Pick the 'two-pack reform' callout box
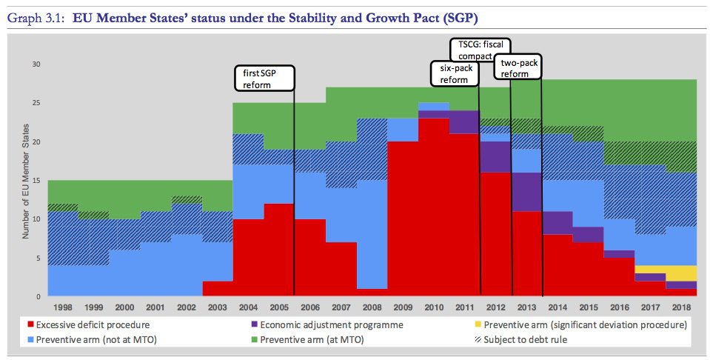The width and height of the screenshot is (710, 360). pos(518,69)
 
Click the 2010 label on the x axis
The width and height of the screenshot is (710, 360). pos(433,306)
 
